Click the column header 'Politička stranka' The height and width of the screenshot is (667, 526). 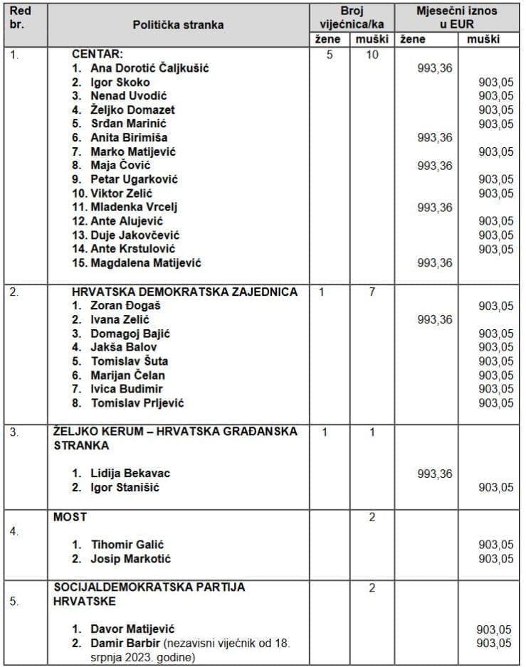(x=178, y=25)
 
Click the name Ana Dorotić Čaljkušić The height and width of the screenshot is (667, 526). (x=149, y=68)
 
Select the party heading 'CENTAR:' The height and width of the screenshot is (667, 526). (x=98, y=54)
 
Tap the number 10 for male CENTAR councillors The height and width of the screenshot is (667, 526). (x=372, y=54)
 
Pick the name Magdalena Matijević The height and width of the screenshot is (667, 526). (x=146, y=263)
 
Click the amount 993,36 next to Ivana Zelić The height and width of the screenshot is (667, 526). (x=434, y=320)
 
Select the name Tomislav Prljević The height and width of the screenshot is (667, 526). (x=137, y=403)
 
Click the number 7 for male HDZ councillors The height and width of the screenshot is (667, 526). (x=372, y=292)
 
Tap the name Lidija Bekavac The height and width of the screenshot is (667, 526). (x=130, y=473)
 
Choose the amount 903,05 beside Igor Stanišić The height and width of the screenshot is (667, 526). (x=495, y=487)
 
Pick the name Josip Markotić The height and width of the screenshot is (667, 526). (x=130, y=559)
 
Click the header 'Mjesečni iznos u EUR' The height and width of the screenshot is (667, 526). (x=457, y=18)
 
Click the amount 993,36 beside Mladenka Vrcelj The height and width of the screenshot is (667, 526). (x=434, y=208)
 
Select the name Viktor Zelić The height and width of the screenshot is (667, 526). (x=121, y=193)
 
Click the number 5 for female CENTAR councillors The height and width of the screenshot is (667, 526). (x=330, y=54)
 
